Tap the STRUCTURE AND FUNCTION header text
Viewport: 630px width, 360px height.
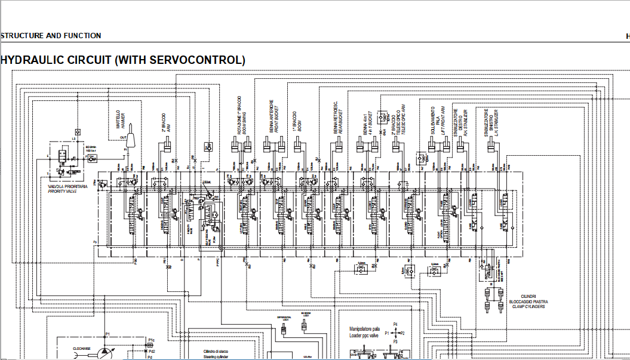(x=51, y=36)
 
